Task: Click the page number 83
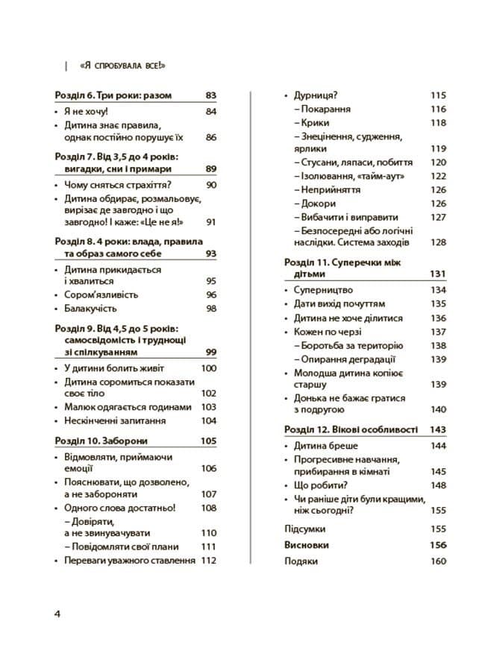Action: [x=210, y=96]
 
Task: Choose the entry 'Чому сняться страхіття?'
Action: [x=119, y=185]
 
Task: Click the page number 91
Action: [x=210, y=221]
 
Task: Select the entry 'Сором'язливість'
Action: [x=101, y=294]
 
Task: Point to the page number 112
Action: [x=208, y=560]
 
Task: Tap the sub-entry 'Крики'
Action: [x=316, y=123]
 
